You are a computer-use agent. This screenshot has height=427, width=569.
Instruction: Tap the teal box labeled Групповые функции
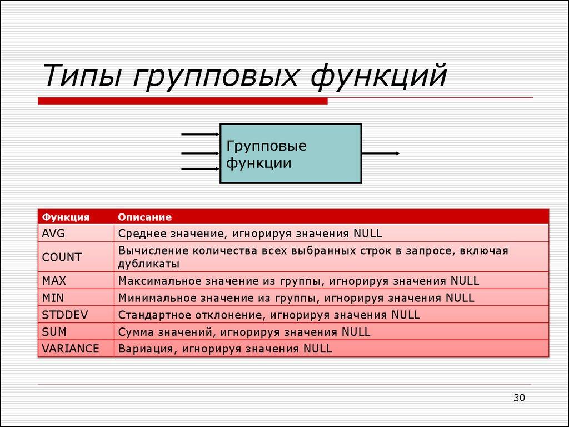[x=291, y=154]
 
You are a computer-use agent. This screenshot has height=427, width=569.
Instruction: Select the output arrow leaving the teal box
[x=381, y=153]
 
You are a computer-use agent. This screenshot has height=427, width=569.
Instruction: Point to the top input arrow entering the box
[x=201, y=134]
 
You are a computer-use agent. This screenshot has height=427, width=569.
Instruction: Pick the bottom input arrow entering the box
[x=201, y=168]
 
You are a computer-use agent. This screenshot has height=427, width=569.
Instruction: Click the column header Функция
[x=66, y=217]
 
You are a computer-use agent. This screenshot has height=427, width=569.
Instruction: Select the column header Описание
[x=144, y=217]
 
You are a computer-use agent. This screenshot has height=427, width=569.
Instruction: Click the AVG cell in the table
[x=53, y=233]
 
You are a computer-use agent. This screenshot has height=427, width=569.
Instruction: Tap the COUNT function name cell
[x=62, y=257]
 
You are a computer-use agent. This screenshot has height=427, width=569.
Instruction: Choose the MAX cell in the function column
[x=54, y=281]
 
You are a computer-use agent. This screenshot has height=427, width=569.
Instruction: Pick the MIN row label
[x=53, y=298]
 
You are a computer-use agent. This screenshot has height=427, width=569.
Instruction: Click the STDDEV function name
[x=65, y=315]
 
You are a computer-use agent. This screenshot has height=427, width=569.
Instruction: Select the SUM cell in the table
[x=54, y=332]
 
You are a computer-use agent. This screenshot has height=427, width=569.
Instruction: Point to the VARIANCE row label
[x=70, y=349]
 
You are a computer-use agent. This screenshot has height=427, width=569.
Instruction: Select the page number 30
[x=518, y=397]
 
